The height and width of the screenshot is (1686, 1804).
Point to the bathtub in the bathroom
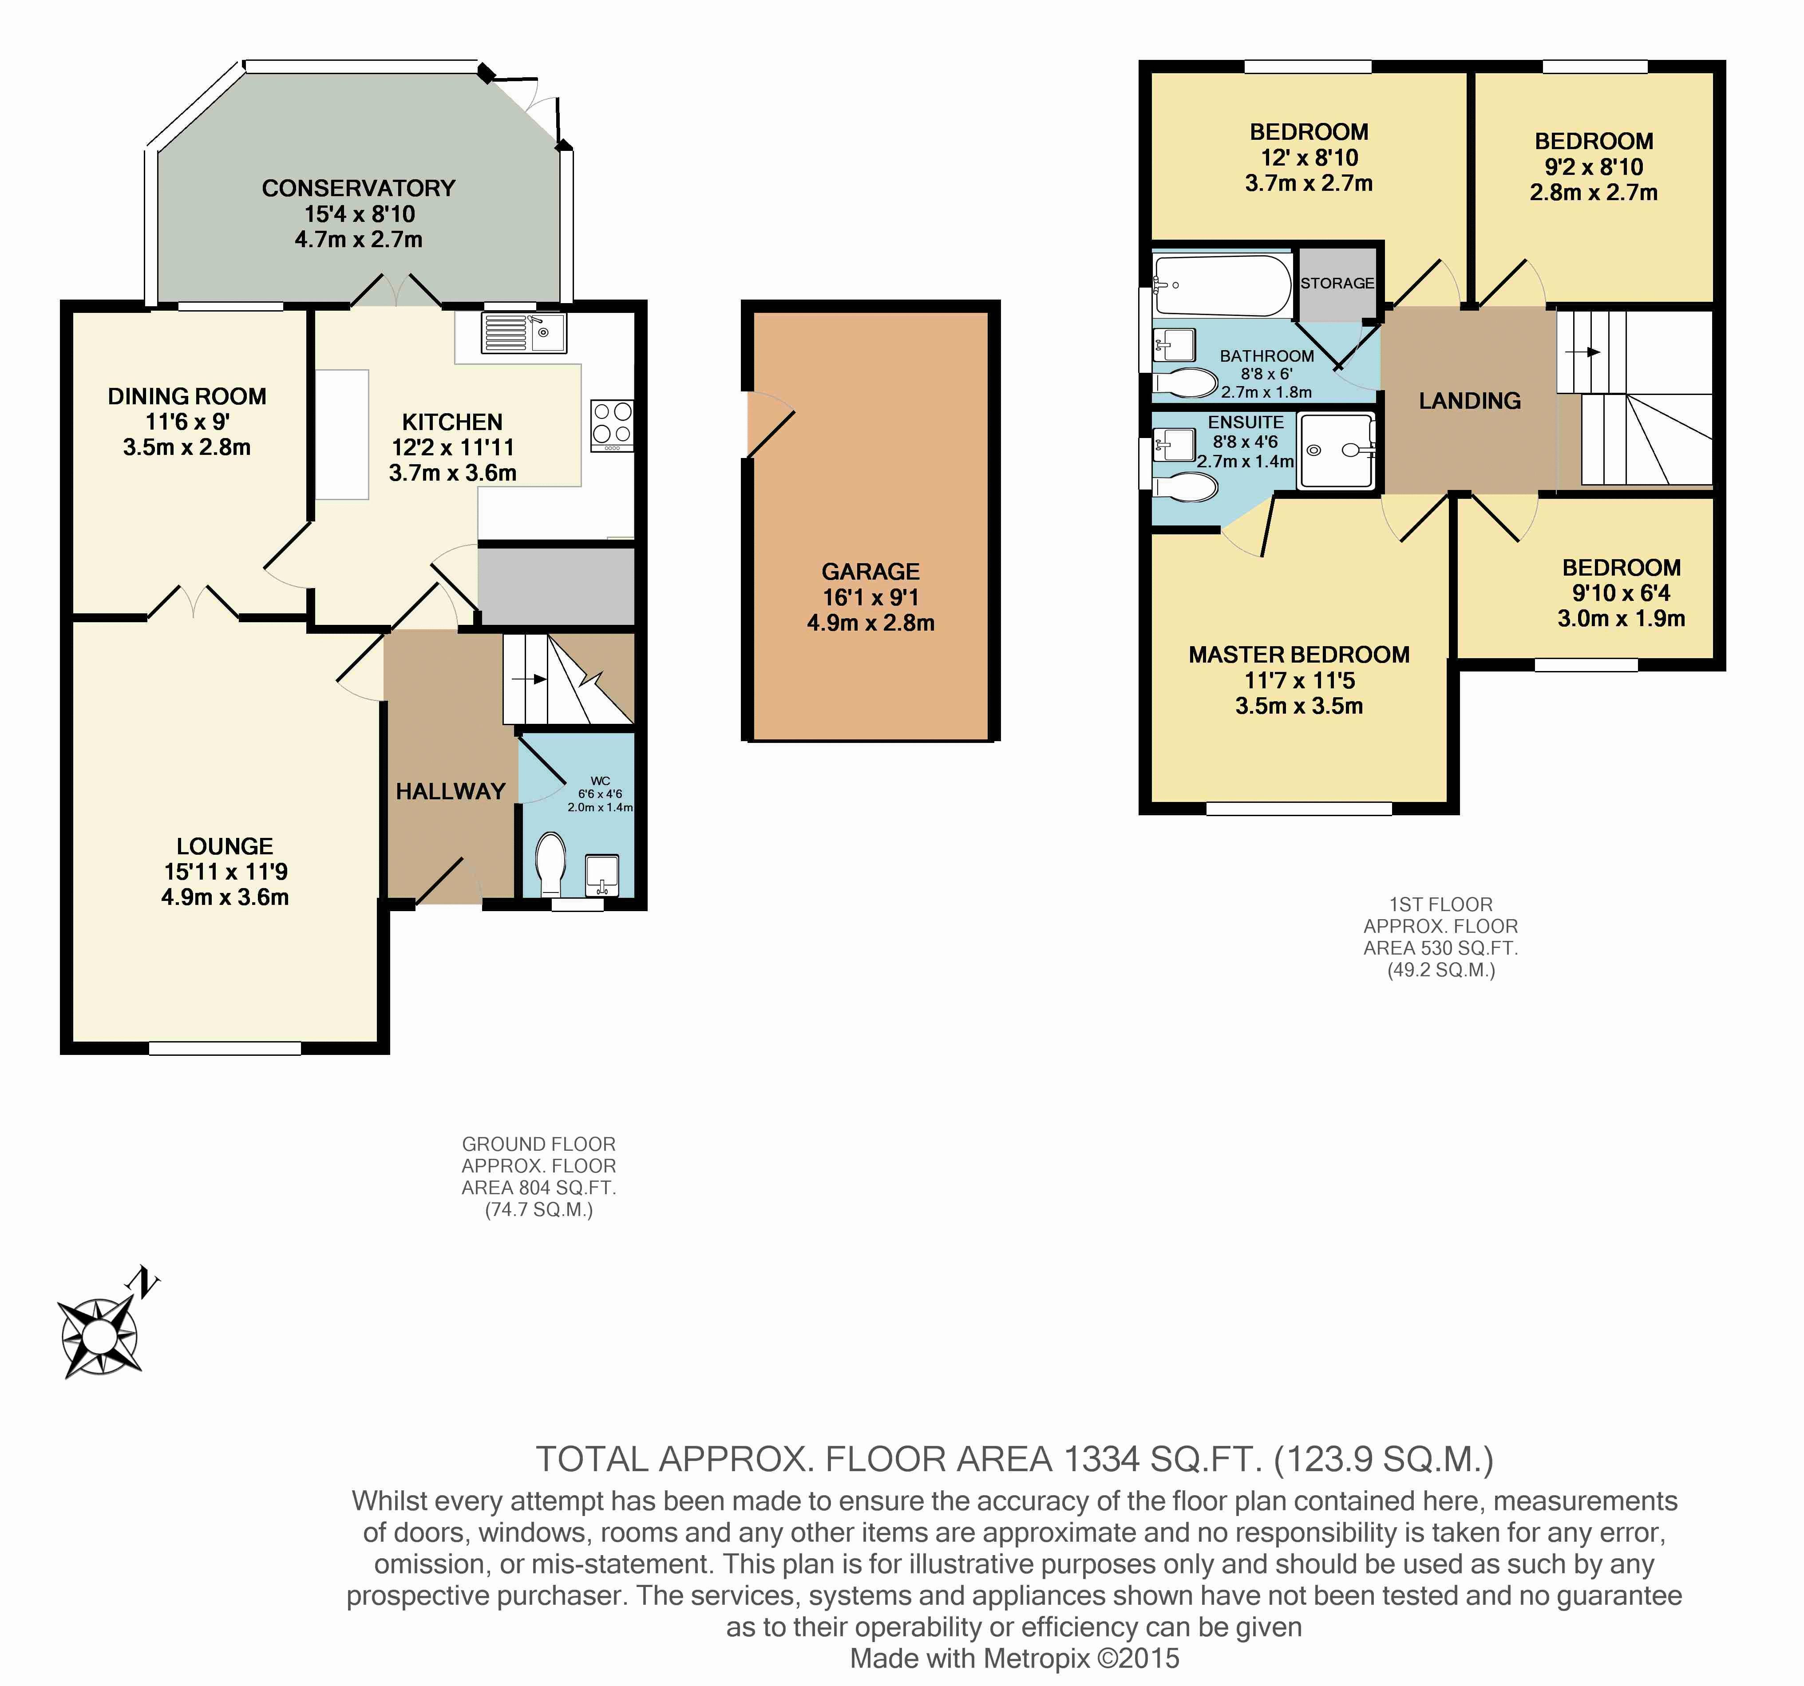1222,285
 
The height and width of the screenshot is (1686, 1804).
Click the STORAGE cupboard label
1337,283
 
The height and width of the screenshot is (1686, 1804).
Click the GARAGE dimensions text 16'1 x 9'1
870,597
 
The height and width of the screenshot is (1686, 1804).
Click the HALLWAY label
450,791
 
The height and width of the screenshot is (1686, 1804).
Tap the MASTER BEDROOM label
1298,654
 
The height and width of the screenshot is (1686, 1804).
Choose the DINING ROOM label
187,397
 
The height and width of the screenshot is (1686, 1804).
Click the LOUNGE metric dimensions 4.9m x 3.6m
225,897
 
